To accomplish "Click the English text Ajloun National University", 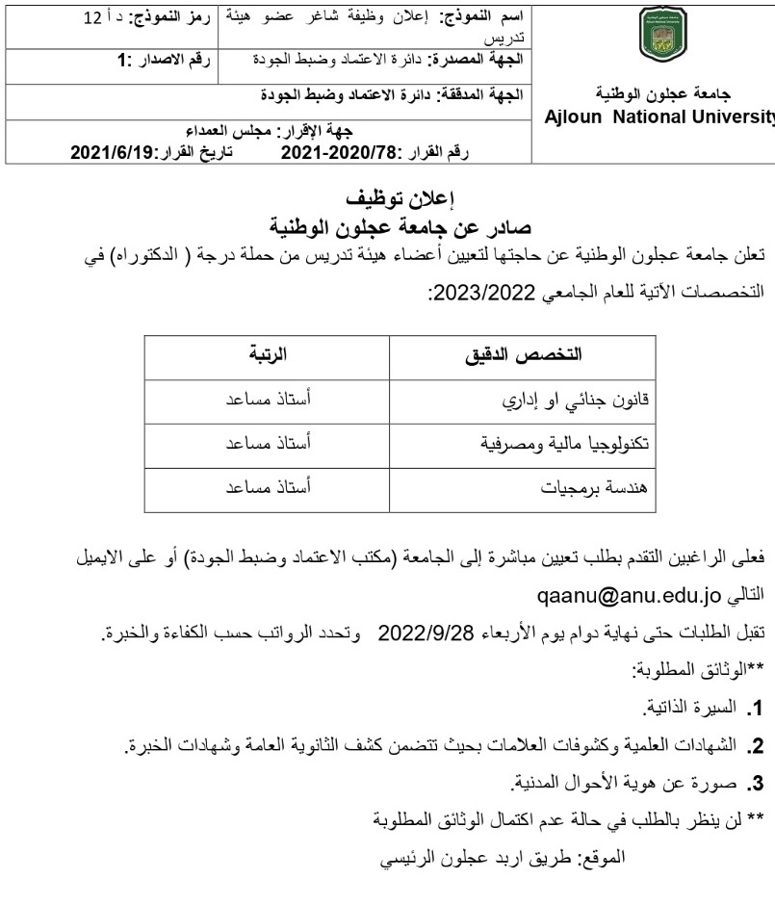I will (x=660, y=116).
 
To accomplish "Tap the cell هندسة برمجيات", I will (x=597, y=488).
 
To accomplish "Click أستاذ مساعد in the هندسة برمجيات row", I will (x=268, y=488).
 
